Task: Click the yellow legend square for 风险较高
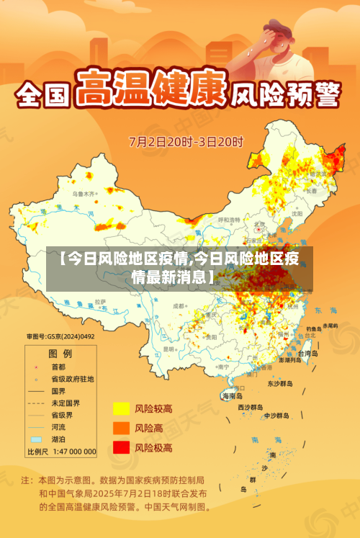(x=120, y=409)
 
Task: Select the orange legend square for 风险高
(x=120, y=428)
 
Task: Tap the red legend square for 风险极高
(x=120, y=447)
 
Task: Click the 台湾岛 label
(x=307, y=354)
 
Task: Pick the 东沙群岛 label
(x=281, y=383)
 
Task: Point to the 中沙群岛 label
(x=276, y=416)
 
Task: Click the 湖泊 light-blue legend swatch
(x=36, y=439)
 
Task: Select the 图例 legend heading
(x=60, y=354)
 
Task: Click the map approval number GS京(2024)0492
(x=61, y=337)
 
